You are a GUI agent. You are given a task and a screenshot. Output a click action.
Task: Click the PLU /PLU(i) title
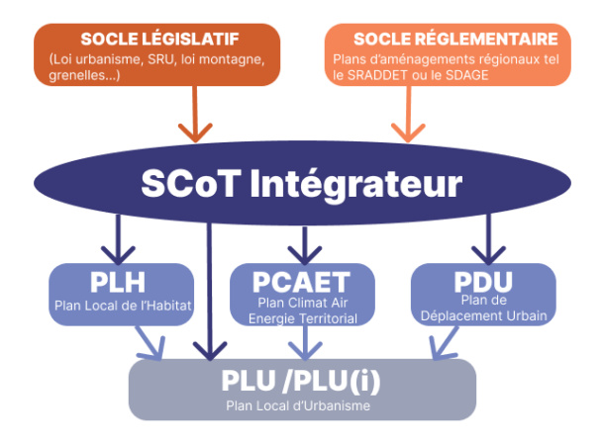[x=302, y=380]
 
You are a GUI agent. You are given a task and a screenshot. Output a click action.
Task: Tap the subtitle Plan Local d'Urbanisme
[x=302, y=404]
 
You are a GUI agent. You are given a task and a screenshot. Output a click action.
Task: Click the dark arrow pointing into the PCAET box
[x=302, y=240]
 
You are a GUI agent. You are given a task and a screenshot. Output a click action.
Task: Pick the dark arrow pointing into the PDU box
[x=486, y=240]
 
